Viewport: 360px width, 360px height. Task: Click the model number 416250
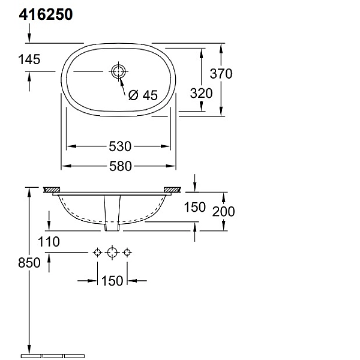[x=46, y=14]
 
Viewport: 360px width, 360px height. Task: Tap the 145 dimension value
[x=29, y=59]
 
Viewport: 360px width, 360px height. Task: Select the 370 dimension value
[x=221, y=73]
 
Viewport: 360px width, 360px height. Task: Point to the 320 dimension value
[x=201, y=93]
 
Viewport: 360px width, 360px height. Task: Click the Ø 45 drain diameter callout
[x=143, y=95]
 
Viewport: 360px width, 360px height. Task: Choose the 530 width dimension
[x=120, y=146]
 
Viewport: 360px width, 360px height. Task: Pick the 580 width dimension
[x=121, y=166]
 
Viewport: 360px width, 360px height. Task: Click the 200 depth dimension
[x=223, y=211]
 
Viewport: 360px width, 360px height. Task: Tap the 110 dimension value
[x=49, y=242]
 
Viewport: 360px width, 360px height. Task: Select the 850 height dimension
[x=29, y=262]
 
